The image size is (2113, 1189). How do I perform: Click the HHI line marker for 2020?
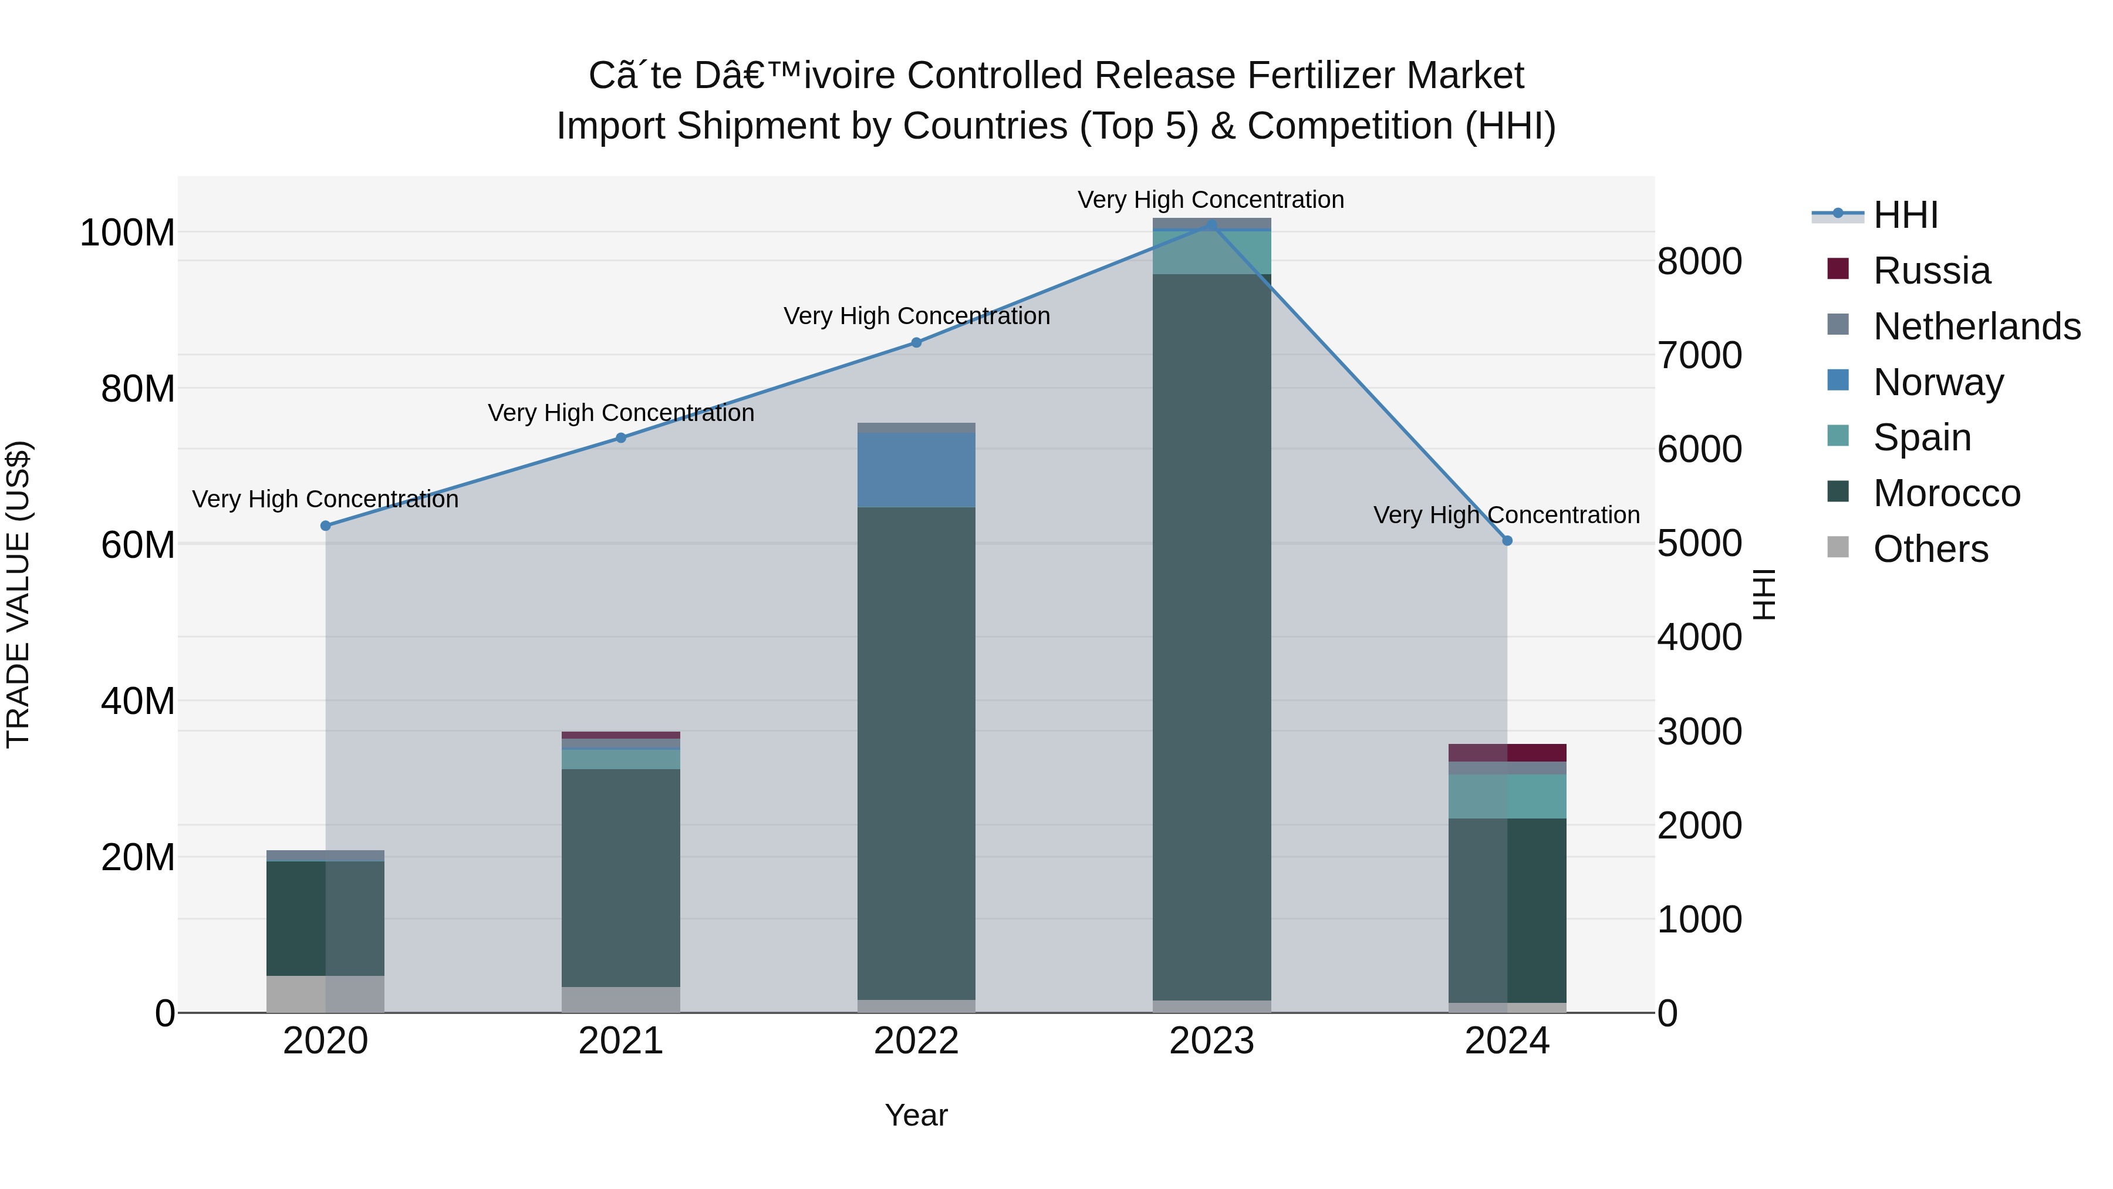coord(326,526)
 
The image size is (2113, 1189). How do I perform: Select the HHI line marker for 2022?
coord(916,342)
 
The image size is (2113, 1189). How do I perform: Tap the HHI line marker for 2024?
coord(1507,541)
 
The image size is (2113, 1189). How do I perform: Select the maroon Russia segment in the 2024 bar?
coord(1507,753)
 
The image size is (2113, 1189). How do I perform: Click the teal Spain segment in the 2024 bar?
coord(1507,796)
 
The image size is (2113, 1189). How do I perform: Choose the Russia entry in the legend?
coord(1931,271)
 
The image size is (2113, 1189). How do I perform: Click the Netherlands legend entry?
coord(1976,326)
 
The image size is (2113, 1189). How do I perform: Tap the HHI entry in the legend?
coord(1905,215)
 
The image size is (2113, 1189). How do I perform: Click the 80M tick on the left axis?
coord(138,389)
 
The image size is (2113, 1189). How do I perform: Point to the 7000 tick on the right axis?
coord(1699,355)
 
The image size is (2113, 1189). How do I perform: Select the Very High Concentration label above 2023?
coord(1211,200)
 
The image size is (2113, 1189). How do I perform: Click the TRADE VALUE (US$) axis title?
coord(18,594)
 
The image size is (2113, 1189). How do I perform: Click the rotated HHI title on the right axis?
coord(1764,594)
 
